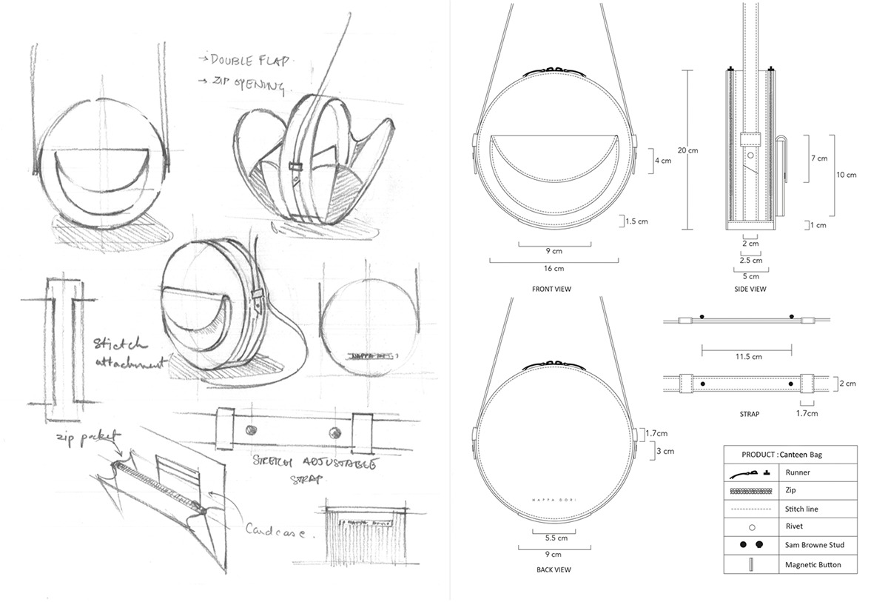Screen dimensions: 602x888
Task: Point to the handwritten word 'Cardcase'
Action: (x=275, y=530)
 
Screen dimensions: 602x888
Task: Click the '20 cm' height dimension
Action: (x=687, y=150)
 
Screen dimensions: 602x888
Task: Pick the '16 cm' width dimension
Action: (x=554, y=268)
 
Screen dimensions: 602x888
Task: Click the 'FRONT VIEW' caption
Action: (x=552, y=289)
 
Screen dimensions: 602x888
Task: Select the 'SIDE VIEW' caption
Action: (x=750, y=289)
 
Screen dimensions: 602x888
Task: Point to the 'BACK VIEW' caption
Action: (x=553, y=569)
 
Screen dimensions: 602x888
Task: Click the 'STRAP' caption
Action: (x=749, y=414)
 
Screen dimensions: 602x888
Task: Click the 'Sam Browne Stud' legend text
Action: (x=815, y=545)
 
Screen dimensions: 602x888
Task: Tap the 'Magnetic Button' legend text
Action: (x=813, y=564)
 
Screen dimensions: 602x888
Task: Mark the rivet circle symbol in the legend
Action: (x=752, y=527)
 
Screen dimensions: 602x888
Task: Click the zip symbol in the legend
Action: (x=752, y=490)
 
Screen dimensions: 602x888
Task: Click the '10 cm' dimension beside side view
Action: (x=845, y=175)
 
